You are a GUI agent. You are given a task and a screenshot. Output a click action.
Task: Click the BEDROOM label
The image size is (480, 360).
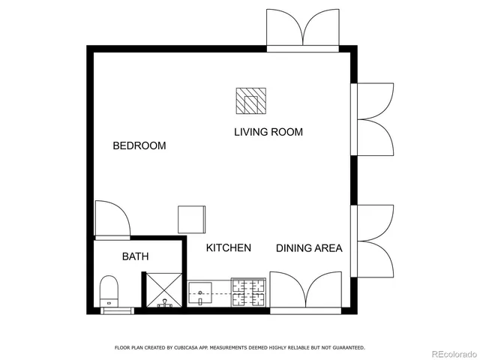139,145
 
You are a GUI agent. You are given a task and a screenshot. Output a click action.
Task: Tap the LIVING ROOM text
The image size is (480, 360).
268,132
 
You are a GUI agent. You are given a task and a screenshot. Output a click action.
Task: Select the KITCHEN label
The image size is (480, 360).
229,247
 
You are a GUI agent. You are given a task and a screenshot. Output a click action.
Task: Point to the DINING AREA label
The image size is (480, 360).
309,248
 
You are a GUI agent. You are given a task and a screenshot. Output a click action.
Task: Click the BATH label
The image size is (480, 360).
135,256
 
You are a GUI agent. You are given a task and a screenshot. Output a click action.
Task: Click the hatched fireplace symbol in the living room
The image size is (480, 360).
250,101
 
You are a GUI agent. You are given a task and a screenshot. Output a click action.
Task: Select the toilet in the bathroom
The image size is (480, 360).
109,289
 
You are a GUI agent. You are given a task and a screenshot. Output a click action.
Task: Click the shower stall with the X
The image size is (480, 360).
163,290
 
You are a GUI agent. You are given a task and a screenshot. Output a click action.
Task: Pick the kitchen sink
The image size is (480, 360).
201,292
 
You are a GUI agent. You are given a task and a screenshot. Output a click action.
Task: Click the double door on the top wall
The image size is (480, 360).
303,30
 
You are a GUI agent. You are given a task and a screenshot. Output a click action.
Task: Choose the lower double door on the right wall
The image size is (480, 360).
375,241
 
